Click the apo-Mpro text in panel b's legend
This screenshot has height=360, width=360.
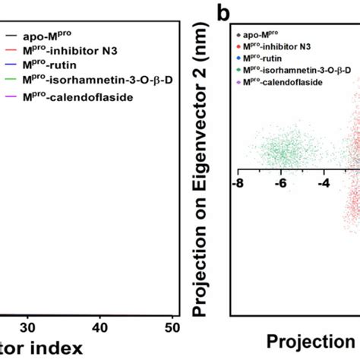click(x=265, y=35)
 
